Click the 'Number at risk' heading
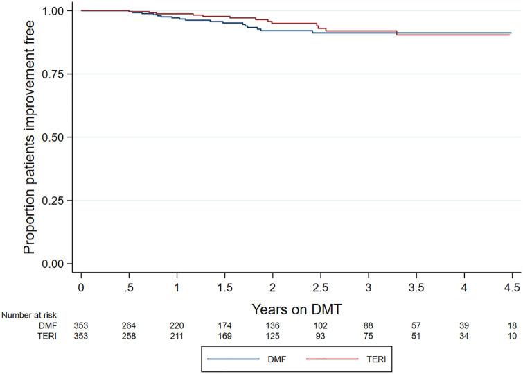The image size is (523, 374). pos(29,314)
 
